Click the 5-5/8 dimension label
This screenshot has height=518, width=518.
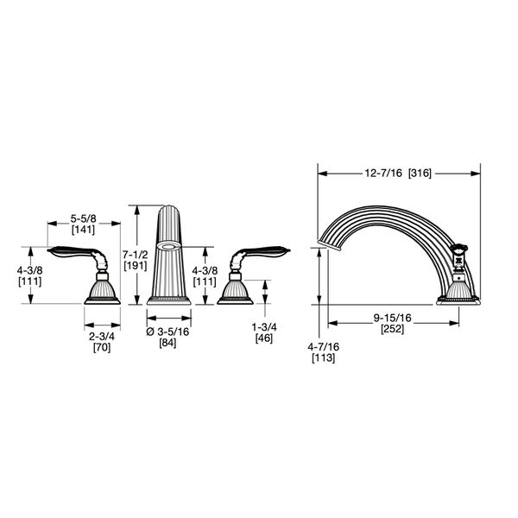tap(83, 218)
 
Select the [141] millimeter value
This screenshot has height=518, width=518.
tap(83, 230)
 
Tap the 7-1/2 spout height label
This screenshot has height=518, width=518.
tap(136, 255)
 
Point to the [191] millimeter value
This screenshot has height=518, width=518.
tap(136, 266)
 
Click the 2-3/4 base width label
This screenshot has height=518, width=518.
tap(102, 337)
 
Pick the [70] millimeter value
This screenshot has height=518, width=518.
tap(102, 348)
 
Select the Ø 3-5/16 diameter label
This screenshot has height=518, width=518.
tap(167, 332)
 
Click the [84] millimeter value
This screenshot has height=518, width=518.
tap(167, 343)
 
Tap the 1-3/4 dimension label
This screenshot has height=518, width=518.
tap(264, 327)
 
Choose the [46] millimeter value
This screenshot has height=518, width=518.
tap(264, 338)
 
